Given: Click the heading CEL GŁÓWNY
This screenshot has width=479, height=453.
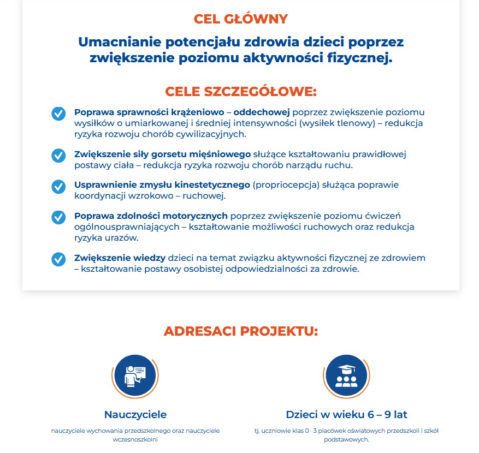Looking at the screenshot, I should (x=240, y=19).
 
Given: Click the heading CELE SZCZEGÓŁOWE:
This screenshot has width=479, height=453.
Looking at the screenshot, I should (x=240, y=91).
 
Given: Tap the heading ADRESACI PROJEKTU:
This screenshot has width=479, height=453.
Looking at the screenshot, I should (x=240, y=331).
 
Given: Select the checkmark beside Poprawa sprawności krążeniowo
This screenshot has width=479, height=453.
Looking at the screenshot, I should (x=58, y=114).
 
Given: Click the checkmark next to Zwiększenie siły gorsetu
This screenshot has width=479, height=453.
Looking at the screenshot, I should (x=58, y=156).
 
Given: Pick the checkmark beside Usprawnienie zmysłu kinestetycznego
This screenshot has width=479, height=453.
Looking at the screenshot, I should (x=58, y=187).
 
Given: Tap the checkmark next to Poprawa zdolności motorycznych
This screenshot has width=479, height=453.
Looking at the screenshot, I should (x=58, y=217).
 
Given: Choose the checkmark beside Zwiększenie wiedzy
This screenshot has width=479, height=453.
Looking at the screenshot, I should (x=58, y=259).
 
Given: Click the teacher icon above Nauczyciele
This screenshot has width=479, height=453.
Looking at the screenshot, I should (x=135, y=376).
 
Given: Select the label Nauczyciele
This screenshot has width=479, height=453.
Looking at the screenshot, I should (x=135, y=414).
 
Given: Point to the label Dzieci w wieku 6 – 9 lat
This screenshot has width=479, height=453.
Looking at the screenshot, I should (x=346, y=414).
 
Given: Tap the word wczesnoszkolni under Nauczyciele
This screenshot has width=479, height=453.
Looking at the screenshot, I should (x=135, y=439).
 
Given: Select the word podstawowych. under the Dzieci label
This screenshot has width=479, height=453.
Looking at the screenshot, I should (x=346, y=439).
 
